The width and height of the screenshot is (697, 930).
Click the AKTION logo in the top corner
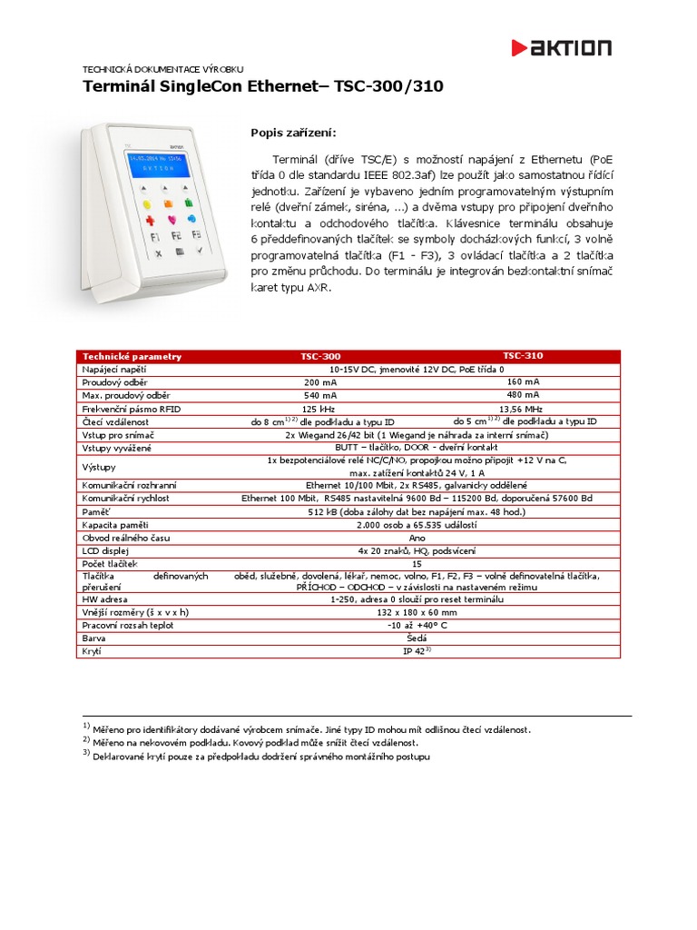[x=561, y=48]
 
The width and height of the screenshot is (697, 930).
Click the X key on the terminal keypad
[x=159, y=252]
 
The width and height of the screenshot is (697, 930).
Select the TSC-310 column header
[x=523, y=356]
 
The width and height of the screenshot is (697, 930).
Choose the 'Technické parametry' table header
[x=132, y=356]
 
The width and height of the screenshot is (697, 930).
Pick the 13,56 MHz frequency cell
[x=523, y=408]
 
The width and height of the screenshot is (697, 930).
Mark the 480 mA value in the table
[x=523, y=395]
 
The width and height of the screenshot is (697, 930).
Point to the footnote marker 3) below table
[x=87, y=754]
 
